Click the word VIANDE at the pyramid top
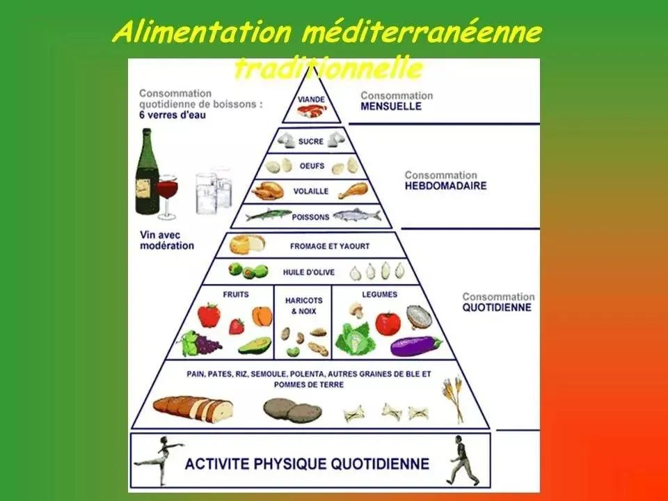coord(311,100)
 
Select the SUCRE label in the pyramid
coord(311,141)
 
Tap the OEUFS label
coord(311,166)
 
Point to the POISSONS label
coord(311,217)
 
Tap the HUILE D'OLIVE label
coord(311,272)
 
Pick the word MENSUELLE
coord(390,106)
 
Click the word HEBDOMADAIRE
coord(445,186)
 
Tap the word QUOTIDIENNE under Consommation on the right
coord(497,307)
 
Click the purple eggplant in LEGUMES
coord(415,344)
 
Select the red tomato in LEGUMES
coord(387,323)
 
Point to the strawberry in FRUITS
coord(237,326)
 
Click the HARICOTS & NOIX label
coord(303,305)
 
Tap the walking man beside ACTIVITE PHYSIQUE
coord(461,460)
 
